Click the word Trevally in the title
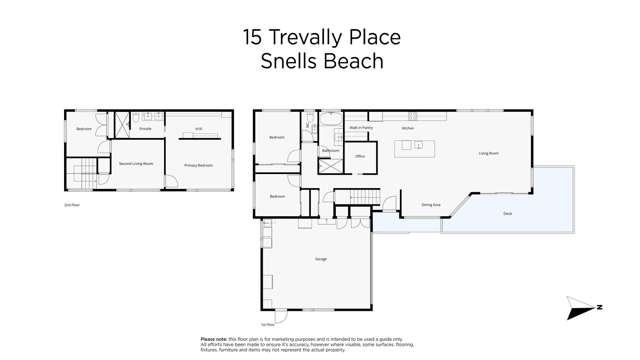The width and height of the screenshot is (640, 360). point(303,38)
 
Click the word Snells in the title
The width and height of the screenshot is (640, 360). point(290,61)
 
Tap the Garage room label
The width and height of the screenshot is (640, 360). point(321,259)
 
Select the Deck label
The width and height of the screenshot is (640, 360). point(507,213)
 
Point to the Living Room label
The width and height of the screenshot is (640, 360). point(488,153)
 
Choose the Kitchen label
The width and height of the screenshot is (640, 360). point(408,128)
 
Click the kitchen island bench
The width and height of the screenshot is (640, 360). point(414,148)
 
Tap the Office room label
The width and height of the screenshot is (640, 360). point(360,156)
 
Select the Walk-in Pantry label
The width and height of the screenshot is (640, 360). point(360,128)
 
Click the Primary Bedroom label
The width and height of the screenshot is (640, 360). point(198,165)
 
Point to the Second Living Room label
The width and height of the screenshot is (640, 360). point(136,163)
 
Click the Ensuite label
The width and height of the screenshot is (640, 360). point(146,129)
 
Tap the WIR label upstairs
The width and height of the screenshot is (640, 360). point(198,129)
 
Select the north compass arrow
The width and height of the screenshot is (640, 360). point(582,308)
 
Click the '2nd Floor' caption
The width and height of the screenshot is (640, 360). point(71,205)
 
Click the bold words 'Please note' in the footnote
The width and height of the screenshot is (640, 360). point(213,339)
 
